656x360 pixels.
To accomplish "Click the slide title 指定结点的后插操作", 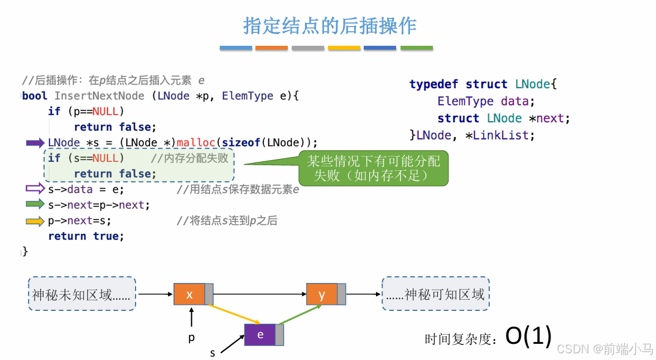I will pyautogui.click(x=330, y=26).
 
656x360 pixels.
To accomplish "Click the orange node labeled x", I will pyautogui.click(x=190, y=294).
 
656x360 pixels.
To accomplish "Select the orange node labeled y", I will pyautogui.click(x=322, y=294).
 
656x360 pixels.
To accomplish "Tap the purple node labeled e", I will pyautogui.click(x=260, y=335).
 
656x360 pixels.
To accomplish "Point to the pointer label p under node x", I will pyautogui.click(x=191, y=338).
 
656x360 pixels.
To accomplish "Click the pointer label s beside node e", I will pyautogui.click(x=213, y=353).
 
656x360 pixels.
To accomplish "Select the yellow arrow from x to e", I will pyautogui.click(x=234, y=313).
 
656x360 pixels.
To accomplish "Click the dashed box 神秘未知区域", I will pyautogui.click(x=81, y=294).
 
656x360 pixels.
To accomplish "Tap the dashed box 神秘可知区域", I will pyautogui.click(x=436, y=294).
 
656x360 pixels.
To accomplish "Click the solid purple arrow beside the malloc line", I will pyautogui.click(x=35, y=143).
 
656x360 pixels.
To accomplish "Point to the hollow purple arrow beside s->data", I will pyautogui.click(x=35, y=189).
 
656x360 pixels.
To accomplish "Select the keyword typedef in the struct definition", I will pyautogui.click(x=434, y=84).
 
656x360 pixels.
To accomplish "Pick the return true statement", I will pyautogui.click(x=86, y=236).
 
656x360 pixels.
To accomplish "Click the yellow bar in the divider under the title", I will pyautogui.click(x=344, y=49).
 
